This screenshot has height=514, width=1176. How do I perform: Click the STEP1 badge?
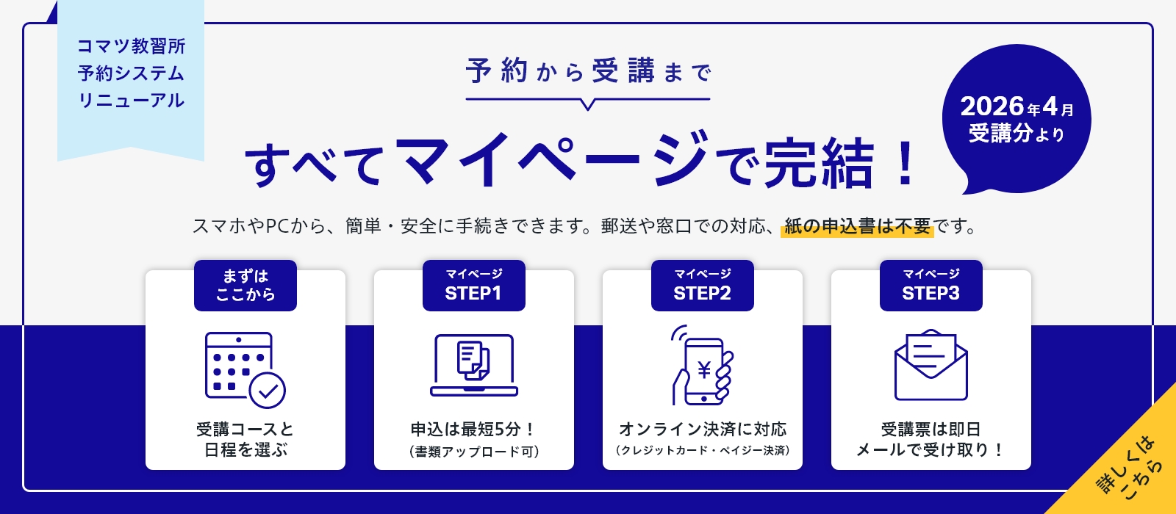(473, 286)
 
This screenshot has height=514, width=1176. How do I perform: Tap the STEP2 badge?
(702, 286)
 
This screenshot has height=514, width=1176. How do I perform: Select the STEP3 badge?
(931, 286)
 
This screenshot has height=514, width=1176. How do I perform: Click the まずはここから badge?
(245, 286)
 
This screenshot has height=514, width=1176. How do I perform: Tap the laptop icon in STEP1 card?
(474, 366)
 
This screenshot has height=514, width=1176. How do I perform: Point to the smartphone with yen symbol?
(703, 366)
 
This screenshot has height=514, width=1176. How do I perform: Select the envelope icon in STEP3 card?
(931, 365)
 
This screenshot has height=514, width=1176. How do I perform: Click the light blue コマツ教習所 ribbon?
(131, 74)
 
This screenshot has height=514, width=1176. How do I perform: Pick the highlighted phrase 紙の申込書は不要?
(857, 226)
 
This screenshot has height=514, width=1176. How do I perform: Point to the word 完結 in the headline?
(819, 163)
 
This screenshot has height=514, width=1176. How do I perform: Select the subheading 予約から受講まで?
(588, 72)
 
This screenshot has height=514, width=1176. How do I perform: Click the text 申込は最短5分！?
(474, 429)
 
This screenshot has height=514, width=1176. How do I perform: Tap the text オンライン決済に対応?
(703, 429)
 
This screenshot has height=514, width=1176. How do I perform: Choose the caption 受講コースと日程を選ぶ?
(245, 439)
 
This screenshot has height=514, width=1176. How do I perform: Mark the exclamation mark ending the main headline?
(906, 163)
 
